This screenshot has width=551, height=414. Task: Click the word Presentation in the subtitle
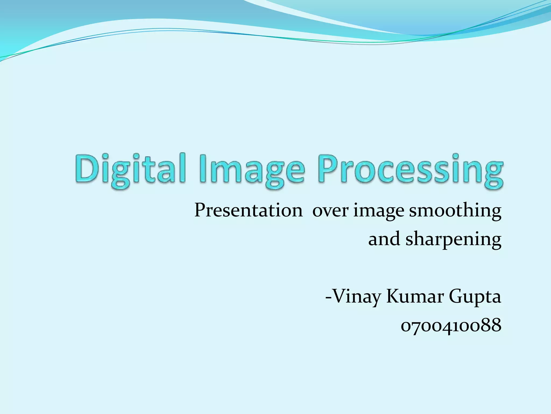pyautogui.click(x=248, y=210)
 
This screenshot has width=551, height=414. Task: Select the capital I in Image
pyautogui.click(x=202, y=168)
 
